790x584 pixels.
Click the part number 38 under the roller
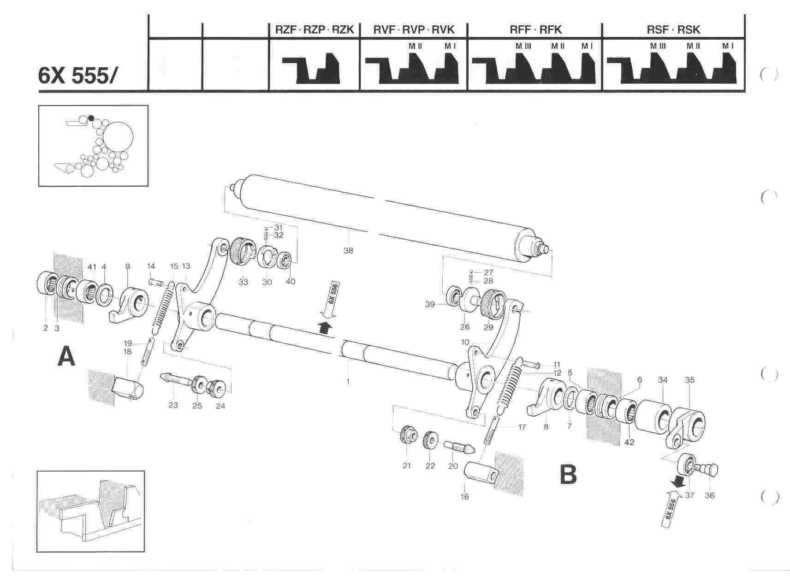(348, 251)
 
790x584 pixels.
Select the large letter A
(66, 357)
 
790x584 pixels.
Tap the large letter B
(568, 474)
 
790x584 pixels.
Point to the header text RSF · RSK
(673, 30)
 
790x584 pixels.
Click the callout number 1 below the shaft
(348, 381)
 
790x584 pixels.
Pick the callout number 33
(243, 282)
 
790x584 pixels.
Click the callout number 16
(465, 496)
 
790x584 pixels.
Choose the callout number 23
(173, 406)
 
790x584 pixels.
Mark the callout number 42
(629, 442)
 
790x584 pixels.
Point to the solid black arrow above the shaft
(326, 327)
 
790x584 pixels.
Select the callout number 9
(128, 266)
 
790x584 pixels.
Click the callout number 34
(663, 380)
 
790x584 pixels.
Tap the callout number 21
(406, 466)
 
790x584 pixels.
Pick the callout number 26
(465, 327)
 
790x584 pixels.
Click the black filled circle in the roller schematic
(91, 118)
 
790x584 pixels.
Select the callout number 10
(465, 342)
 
